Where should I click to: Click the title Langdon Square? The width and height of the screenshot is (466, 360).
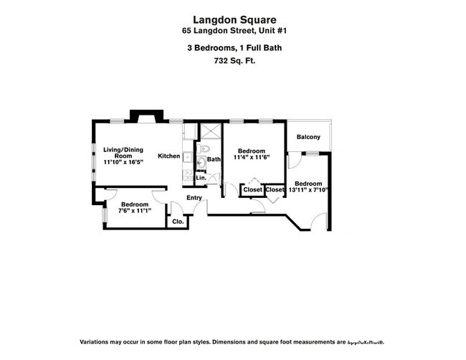(x=234, y=20)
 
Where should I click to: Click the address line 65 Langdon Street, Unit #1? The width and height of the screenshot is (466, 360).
(x=234, y=31)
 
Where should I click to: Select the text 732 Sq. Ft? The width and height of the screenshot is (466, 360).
(x=234, y=61)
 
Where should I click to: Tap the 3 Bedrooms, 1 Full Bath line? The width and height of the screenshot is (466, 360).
(x=234, y=48)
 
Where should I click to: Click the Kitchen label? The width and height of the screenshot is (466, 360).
(x=169, y=156)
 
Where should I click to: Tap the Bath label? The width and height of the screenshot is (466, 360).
(x=214, y=159)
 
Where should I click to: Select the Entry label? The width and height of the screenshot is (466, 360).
(x=194, y=198)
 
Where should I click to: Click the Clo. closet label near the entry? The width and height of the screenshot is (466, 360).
(x=178, y=222)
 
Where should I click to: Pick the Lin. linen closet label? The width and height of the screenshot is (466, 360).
(x=201, y=177)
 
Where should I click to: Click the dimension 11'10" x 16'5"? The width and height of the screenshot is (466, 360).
(x=123, y=163)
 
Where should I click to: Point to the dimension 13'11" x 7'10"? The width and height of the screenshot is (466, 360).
(x=310, y=190)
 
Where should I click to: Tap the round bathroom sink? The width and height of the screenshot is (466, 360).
(x=201, y=162)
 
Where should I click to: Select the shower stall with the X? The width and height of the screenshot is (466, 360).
(x=211, y=131)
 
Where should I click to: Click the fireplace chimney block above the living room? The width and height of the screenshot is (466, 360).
(x=146, y=115)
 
